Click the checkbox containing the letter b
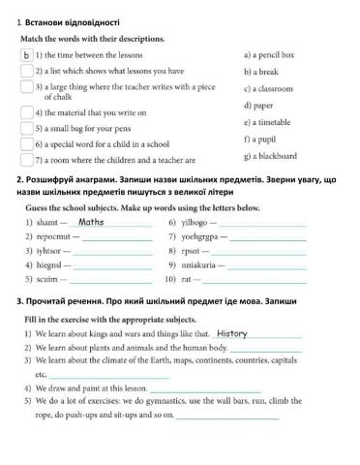[26, 55]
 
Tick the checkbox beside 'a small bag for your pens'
[26, 128]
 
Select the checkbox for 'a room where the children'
[26, 159]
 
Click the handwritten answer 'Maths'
[91, 222]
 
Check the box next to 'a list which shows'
[26, 71]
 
